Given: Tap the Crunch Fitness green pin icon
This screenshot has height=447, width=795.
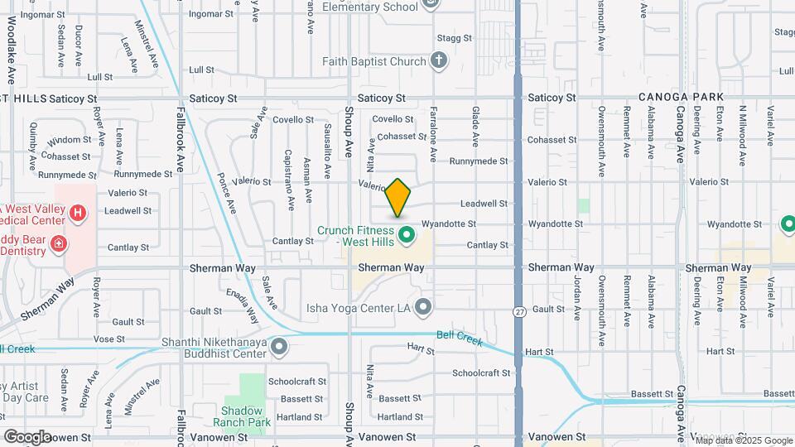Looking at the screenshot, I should [407, 235].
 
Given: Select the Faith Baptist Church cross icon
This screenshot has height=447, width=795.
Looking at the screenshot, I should [439, 60].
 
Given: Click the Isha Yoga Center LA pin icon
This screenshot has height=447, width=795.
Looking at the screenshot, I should [423, 308].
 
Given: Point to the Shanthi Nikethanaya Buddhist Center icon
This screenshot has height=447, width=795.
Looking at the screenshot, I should [279, 347].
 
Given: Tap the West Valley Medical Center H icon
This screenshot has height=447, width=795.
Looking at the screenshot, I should [78, 214].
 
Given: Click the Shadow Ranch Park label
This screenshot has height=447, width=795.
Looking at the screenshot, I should [242, 416].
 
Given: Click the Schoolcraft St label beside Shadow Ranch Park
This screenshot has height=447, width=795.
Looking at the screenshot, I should [297, 382].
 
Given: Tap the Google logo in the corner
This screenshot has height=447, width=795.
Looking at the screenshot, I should [26, 436].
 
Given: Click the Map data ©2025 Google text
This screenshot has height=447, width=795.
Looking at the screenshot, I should [743, 440].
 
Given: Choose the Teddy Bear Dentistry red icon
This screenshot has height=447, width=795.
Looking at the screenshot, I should [58, 243].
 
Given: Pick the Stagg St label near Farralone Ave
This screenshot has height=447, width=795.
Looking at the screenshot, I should [454, 38].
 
